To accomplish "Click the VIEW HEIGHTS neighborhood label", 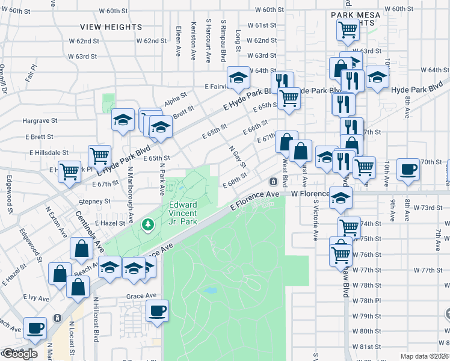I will click(x=111, y=27).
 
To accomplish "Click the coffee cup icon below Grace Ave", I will click(x=157, y=311).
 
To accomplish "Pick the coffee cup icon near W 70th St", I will click(x=408, y=170).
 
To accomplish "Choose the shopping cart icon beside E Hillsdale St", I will click(x=99, y=156).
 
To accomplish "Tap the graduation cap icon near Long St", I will click(x=238, y=78).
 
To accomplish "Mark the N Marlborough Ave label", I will click(x=130, y=187).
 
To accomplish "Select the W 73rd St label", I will click(x=430, y=208).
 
